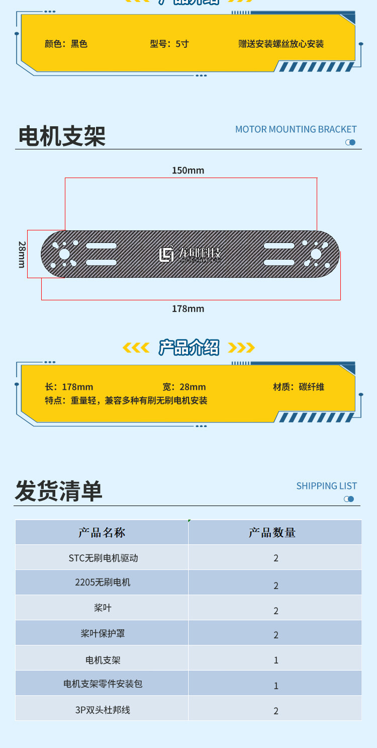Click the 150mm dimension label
(x=188, y=171)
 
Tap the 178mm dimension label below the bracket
(x=188, y=309)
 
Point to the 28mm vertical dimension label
(x=22, y=254)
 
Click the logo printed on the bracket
(x=190, y=255)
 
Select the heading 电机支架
(x=62, y=136)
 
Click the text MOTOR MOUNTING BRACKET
(x=296, y=129)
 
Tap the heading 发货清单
(x=58, y=491)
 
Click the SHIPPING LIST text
(x=326, y=486)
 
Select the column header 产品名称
(x=102, y=533)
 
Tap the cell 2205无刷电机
(x=103, y=583)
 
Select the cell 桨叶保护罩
(x=103, y=634)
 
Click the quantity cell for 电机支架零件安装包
(x=276, y=685)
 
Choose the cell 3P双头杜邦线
(x=103, y=710)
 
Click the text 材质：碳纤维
(x=299, y=387)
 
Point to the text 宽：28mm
(x=184, y=387)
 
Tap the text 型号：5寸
(x=169, y=44)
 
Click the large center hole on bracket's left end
(x=64, y=255)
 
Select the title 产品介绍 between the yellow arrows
(x=189, y=348)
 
